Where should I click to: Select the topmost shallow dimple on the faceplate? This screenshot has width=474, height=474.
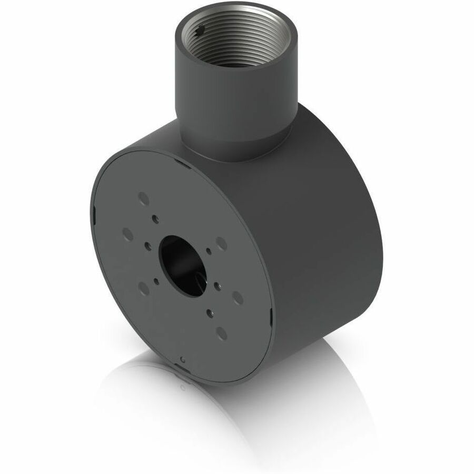click(143, 198)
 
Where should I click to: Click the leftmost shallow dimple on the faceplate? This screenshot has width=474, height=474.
click(128, 234)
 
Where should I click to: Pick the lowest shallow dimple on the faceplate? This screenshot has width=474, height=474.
click(222, 332)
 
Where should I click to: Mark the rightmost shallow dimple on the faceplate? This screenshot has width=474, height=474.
click(238, 298)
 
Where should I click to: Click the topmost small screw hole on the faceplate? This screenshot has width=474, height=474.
click(155, 218)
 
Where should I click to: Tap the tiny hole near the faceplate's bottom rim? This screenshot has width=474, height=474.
click(182, 360)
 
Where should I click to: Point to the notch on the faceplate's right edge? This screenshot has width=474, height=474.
click(271, 317)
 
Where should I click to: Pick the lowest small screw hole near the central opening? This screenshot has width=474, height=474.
click(209, 312)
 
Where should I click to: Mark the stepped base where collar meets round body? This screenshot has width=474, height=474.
click(237, 150)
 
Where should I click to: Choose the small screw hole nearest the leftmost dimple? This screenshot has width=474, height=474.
click(149, 245)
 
